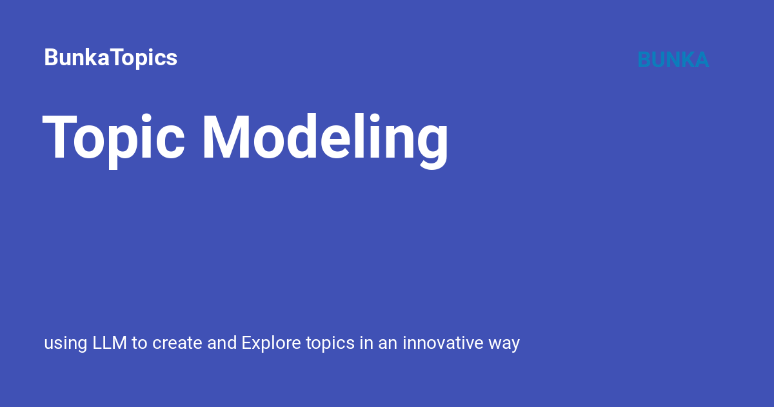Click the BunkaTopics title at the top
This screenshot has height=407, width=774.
(110, 57)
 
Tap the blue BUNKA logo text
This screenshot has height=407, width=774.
(673, 59)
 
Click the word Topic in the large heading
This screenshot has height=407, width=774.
(114, 137)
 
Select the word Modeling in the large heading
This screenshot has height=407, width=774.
(324, 137)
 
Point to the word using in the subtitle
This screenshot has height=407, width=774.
(65, 343)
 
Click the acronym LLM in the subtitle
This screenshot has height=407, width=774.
(110, 342)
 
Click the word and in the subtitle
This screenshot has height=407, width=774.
(222, 342)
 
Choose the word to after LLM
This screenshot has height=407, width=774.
(139, 343)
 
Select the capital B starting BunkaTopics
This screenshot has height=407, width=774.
(50, 57)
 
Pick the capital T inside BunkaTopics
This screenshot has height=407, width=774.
(117, 57)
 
